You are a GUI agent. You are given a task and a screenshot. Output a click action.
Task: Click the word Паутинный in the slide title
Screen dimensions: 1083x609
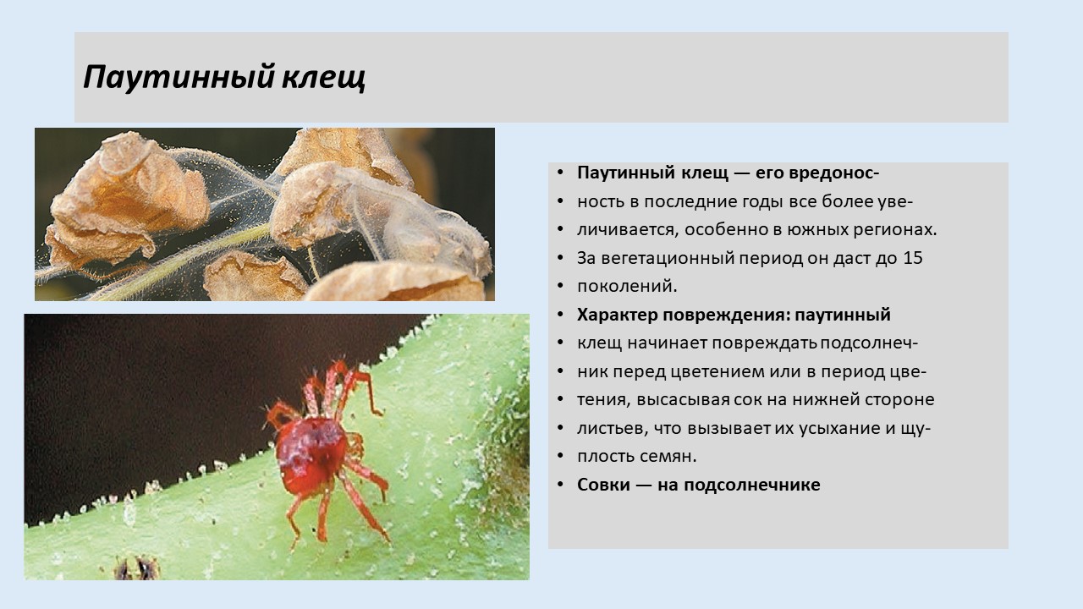(x=179, y=77)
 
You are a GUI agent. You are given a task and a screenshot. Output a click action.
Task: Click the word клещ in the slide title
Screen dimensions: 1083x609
(x=323, y=77)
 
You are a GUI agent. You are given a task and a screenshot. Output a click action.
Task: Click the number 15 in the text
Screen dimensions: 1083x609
(x=913, y=258)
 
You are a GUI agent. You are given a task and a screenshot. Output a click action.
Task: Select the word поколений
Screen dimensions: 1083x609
(x=627, y=287)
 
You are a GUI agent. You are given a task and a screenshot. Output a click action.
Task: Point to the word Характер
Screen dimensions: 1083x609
(x=617, y=315)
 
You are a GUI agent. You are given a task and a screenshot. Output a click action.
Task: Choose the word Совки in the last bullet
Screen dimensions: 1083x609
(x=603, y=485)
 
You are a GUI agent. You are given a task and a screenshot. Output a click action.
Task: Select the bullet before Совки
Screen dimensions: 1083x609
(x=560, y=485)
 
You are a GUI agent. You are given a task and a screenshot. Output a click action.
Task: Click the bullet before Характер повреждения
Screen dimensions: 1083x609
(x=560, y=315)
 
